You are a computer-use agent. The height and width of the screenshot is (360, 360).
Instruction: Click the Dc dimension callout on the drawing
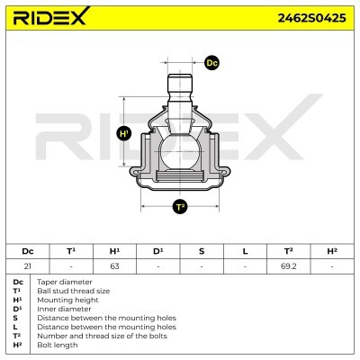[x=212, y=63]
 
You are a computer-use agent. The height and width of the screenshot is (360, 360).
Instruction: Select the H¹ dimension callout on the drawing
[x=125, y=134]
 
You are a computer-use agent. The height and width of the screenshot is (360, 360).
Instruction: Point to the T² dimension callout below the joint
[x=180, y=207]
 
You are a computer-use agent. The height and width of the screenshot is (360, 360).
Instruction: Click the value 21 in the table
[x=27, y=266]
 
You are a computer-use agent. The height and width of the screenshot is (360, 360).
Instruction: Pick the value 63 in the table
[x=114, y=266]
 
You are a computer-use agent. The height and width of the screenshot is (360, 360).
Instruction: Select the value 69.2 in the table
[x=289, y=266]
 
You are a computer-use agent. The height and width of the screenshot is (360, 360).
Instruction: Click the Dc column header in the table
[x=27, y=251]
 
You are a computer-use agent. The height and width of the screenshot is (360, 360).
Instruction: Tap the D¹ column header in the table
[x=158, y=251]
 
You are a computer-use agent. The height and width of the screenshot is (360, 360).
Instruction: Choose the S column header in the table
[x=202, y=251]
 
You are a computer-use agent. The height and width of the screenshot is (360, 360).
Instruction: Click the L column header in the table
[x=245, y=251]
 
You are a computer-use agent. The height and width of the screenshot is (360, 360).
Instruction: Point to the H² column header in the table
[x=332, y=251]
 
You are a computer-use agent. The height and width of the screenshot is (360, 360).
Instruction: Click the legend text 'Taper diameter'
[x=64, y=282]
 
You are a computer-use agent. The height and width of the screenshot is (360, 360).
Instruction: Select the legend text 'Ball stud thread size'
[x=74, y=291]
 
